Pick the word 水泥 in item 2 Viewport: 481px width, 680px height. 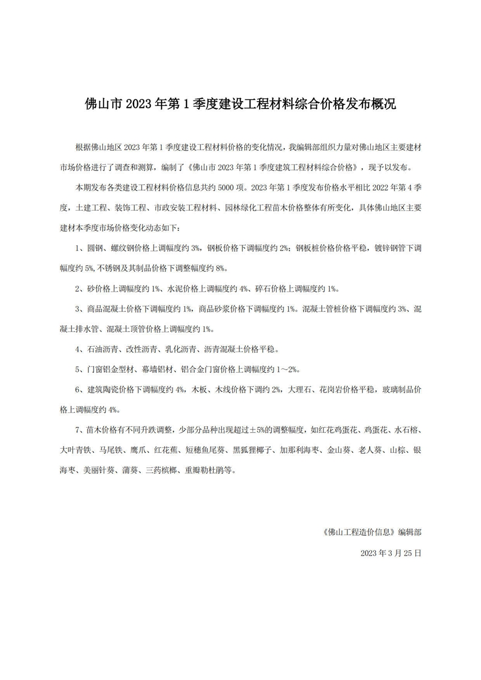click(x=176, y=288)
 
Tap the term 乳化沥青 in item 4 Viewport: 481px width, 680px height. click(x=181, y=349)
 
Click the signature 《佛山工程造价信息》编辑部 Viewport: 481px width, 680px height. click(x=372, y=532)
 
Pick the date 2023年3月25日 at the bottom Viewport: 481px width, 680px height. click(x=391, y=553)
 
